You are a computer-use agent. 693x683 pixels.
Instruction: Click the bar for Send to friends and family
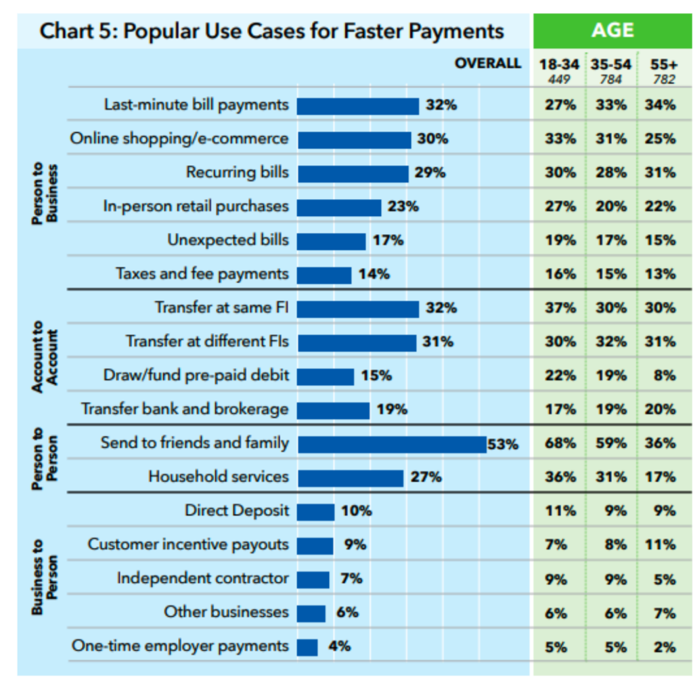tap(392, 444)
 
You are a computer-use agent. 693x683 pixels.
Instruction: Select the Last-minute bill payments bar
tap(357, 106)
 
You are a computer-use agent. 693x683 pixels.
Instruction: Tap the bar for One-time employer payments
tap(307, 646)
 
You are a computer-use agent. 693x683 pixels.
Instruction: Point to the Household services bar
tap(351, 478)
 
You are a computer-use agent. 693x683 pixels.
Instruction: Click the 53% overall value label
tap(502, 445)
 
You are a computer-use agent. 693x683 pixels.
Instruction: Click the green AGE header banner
tap(612, 30)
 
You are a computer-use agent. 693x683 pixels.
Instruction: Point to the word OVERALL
tap(488, 64)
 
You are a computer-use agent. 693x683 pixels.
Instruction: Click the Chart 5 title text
tap(271, 31)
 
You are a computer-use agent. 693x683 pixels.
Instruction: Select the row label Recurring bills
tap(238, 173)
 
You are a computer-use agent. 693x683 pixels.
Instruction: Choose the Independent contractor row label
tap(202, 579)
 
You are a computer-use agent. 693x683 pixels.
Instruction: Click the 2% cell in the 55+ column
tap(665, 646)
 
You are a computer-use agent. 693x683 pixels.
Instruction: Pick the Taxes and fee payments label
tap(202, 274)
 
